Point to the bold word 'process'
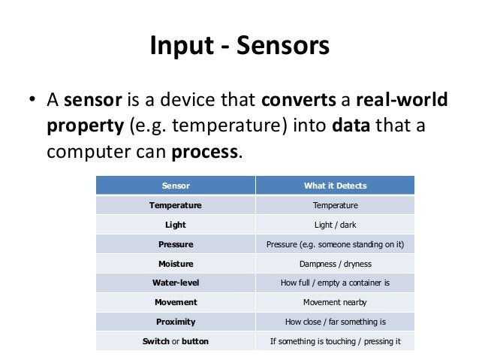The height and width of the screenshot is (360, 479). point(205,152)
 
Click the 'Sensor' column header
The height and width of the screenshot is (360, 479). point(176,185)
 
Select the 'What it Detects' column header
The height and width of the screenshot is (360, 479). point(335,185)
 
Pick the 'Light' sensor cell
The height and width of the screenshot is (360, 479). point(176,224)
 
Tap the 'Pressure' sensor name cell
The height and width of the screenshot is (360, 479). point(176,244)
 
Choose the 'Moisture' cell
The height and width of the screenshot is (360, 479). point(176,264)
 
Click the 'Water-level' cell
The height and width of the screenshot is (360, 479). point(176,283)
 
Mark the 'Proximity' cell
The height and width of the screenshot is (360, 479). point(176,322)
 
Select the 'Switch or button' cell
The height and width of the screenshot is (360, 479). point(176,341)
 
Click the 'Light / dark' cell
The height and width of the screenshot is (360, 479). point(335,224)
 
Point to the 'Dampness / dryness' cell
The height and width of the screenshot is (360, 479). point(335,264)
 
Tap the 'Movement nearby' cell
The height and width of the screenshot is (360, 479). point(335,302)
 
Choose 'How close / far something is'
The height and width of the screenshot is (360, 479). point(335,322)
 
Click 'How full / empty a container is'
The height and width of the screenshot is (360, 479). point(335,283)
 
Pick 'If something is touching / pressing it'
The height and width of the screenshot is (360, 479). point(335,341)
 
